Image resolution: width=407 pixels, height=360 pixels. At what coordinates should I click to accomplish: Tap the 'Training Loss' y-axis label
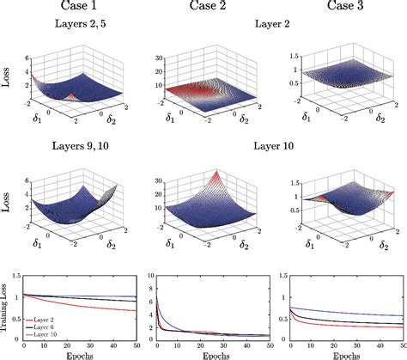(x=7, y=302)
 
